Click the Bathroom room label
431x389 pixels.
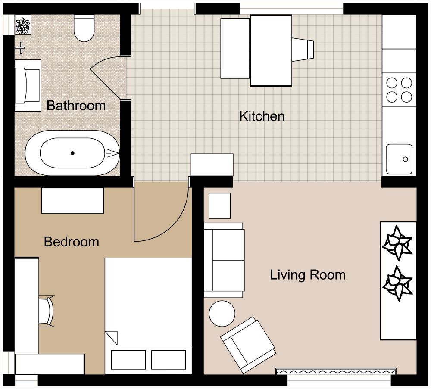click(x=76, y=106)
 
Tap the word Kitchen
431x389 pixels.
click(x=262, y=116)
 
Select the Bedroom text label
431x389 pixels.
click(x=72, y=242)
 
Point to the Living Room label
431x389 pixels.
click(x=308, y=275)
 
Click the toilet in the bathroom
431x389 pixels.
click(x=84, y=28)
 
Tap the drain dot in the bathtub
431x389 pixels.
click(x=73, y=153)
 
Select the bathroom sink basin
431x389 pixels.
click(x=28, y=81)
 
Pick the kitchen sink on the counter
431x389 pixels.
click(x=399, y=159)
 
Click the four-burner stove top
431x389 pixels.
click(x=399, y=89)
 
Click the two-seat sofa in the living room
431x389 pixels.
click(x=224, y=260)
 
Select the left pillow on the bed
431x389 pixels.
click(x=128, y=359)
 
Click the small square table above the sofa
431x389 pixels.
click(x=220, y=205)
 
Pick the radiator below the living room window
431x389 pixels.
click(x=336, y=371)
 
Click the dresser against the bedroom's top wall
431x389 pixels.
click(x=72, y=200)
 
